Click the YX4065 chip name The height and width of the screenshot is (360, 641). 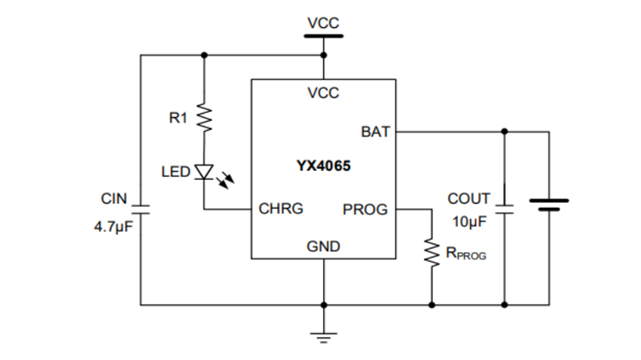pyautogui.click(x=323, y=166)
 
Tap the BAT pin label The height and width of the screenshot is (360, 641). pyautogui.click(x=375, y=131)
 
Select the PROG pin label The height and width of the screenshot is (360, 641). pyautogui.click(x=365, y=209)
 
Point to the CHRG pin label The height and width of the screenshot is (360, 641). pyautogui.click(x=280, y=209)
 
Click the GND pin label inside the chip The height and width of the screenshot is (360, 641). pyautogui.click(x=323, y=246)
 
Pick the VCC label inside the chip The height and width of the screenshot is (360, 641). pyautogui.click(x=323, y=93)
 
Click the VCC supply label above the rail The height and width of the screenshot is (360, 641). pyautogui.click(x=323, y=23)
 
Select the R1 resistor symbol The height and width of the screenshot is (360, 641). pyautogui.click(x=204, y=118)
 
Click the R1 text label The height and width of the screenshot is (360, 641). pyautogui.click(x=178, y=119)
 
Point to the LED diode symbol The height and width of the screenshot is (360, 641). pyautogui.click(x=204, y=172)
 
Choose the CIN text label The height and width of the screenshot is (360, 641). pyautogui.click(x=114, y=198)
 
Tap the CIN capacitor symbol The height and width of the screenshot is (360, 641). pyautogui.click(x=141, y=209)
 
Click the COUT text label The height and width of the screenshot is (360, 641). pyautogui.click(x=468, y=199)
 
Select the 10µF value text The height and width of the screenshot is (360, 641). pyautogui.click(x=470, y=222)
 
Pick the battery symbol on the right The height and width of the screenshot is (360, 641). pyautogui.click(x=549, y=204)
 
